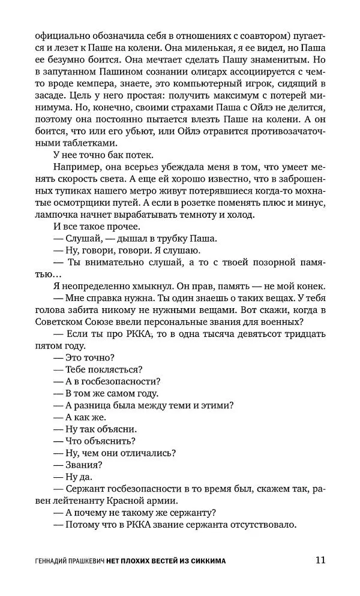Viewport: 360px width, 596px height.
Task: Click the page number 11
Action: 319,561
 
